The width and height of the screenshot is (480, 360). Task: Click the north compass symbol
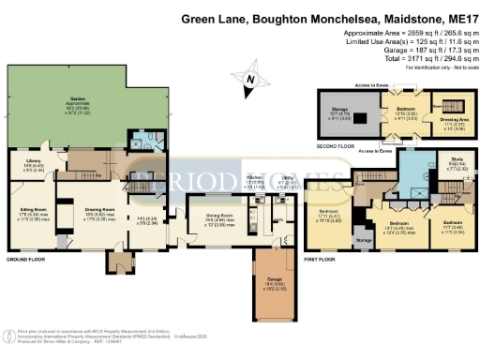(x=250, y=82)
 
